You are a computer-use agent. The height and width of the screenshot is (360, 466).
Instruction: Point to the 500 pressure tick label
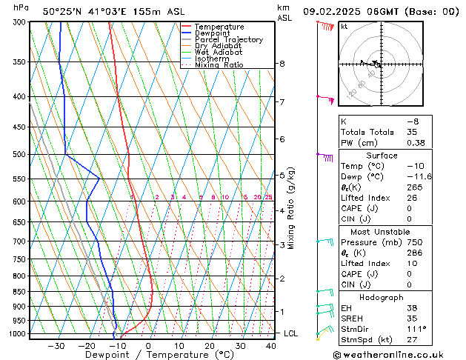coord(19,155)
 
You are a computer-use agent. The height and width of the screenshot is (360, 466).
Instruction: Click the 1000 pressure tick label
coord(16,334)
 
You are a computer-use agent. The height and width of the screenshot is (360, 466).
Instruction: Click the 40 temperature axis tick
coord(270,346)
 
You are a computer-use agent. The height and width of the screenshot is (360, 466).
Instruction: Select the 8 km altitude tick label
coord(282,64)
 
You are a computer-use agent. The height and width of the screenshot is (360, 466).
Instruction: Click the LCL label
coord(290,334)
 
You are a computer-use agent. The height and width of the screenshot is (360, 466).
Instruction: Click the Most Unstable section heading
coord(382,232)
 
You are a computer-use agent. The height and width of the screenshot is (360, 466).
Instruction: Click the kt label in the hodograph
coord(344,27)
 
